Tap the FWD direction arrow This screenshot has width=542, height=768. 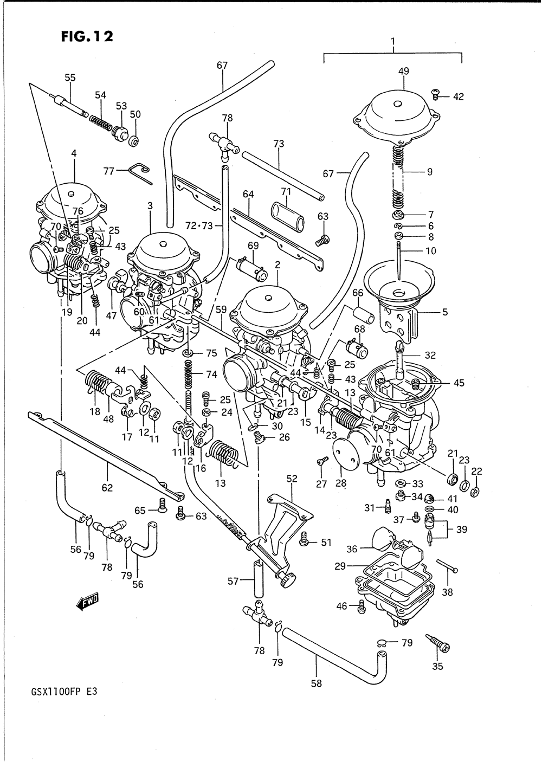pos(87,600)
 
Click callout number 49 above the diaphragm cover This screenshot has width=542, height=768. pos(403,71)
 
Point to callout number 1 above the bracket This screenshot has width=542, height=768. pos(392,41)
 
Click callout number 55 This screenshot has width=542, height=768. pos(70,78)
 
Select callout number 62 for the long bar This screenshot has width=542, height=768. pos(107,487)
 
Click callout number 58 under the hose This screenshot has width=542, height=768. pos(316,683)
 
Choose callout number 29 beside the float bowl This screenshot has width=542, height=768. pos(340,566)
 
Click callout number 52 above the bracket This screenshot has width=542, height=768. pos(292,479)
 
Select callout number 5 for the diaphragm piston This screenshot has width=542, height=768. pos(445,312)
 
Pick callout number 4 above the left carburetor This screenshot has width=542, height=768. pos(74,153)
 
